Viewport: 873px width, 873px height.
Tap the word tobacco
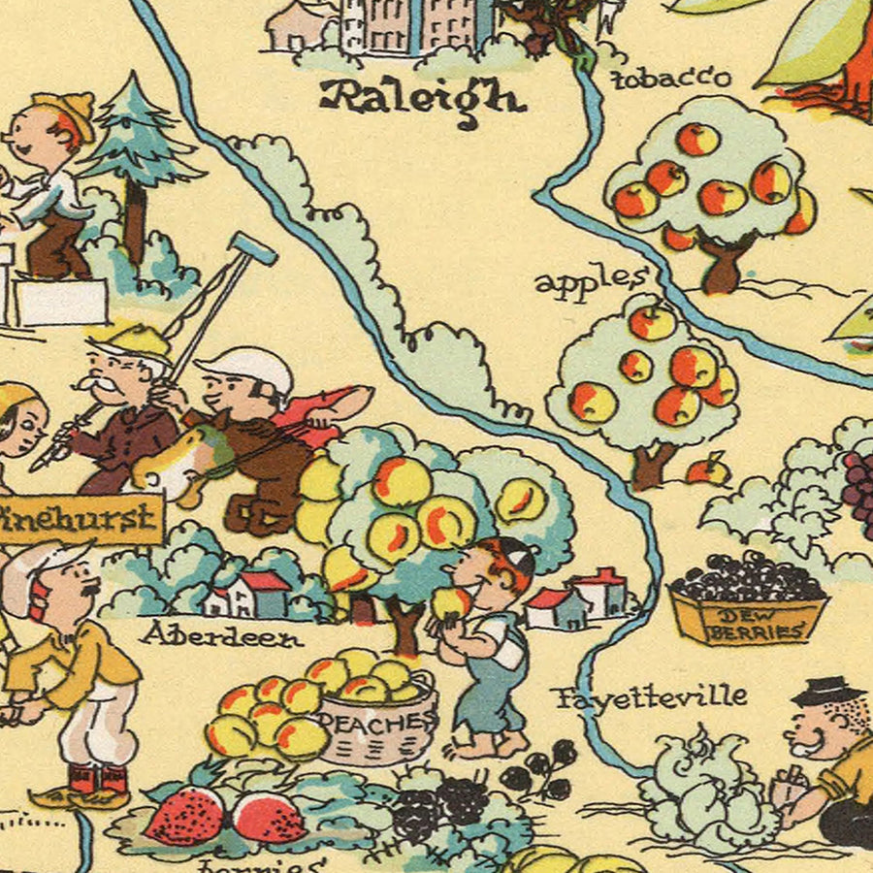coord(671,78)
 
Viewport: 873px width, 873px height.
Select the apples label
coord(590,283)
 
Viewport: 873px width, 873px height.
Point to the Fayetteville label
coord(650,696)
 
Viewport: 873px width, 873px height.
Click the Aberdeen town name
coord(221,635)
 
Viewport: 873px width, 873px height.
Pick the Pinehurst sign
coord(78,519)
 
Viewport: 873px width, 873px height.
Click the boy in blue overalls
coord(490,650)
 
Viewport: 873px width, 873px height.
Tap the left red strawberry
coord(184,815)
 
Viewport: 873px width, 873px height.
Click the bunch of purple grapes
coord(858,490)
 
